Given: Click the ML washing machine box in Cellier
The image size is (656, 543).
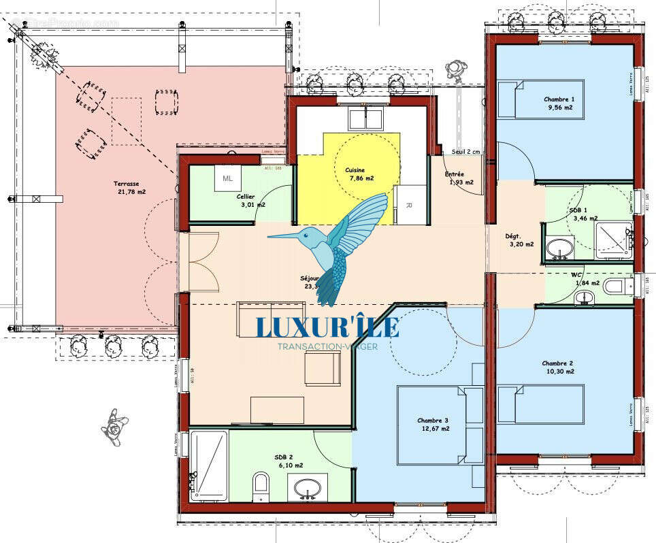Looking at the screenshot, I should pos(227,178).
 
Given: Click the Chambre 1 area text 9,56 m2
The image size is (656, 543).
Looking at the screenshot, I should pos(559,108).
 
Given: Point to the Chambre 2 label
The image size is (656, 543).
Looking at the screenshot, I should pos(558,367).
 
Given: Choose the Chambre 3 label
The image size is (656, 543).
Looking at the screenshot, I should pos(433,425).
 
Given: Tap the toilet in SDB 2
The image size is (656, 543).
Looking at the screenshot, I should pos(261,484).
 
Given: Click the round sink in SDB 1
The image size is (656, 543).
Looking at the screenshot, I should pos(560,247).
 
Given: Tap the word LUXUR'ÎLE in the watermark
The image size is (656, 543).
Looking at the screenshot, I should pos(327,327).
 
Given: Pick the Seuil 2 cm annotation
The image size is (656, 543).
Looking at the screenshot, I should pos(466,152).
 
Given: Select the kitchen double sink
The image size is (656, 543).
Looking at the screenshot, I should pos(367,118).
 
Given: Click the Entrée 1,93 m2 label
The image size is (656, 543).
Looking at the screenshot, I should pos(459,178).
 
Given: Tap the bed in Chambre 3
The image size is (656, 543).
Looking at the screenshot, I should pos(432,425).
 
